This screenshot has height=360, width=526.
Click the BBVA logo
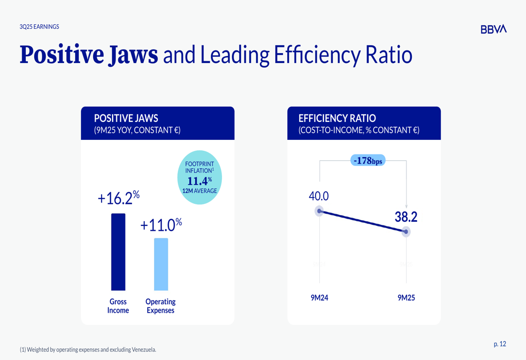[x=493, y=29]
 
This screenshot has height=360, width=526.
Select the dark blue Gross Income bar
[x=118, y=252]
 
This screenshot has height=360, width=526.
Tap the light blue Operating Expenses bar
[x=161, y=264]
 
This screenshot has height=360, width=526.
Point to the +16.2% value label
[x=118, y=199]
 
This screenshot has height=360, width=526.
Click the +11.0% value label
[x=161, y=225]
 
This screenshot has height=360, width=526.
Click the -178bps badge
[x=368, y=161]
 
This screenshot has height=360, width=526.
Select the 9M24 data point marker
[x=319, y=211]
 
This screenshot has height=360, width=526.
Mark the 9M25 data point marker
[x=406, y=232]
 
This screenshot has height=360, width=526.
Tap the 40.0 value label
[x=318, y=197]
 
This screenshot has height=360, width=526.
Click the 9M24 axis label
[x=319, y=298]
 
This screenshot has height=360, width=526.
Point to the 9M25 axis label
[x=406, y=298]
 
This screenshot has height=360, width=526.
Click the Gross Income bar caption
[x=118, y=306]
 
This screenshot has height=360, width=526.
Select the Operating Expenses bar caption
[x=160, y=306]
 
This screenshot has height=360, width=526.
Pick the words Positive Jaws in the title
[x=89, y=55]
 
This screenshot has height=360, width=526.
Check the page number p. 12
[x=500, y=344]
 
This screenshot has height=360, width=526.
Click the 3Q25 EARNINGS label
[x=39, y=27]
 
